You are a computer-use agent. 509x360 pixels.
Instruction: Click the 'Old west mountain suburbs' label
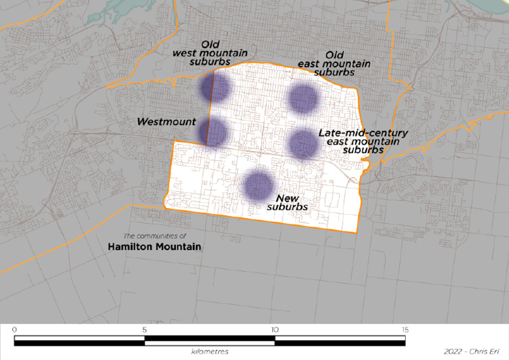click(209, 53)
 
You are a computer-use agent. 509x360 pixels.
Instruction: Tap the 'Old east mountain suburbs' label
click(334, 64)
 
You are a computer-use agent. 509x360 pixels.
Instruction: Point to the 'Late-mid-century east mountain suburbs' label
click(363, 142)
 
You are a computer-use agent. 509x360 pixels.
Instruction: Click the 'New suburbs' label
click(288, 202)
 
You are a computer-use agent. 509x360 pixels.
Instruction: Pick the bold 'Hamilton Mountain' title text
click(154, 247)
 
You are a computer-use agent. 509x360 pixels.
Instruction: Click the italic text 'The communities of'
click(155, 235)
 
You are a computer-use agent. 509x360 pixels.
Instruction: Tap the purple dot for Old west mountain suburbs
click(214, 88)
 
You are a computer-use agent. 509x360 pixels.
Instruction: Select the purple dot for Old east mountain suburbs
click(304, 98)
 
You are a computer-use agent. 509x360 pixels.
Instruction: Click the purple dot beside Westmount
click(213, 131)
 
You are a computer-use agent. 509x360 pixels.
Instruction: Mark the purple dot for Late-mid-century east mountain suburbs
click(304, 143)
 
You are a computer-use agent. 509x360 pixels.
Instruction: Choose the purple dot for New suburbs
click(259, 185)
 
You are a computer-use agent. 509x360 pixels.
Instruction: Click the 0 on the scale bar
click(14, 330)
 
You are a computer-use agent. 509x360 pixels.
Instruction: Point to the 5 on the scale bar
click(144, 330)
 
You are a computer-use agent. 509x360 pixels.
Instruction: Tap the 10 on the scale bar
click(274, 330)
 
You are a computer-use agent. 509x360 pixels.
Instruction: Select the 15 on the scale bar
click(405, 330)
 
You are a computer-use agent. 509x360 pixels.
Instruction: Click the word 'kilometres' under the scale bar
click(209, 351)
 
